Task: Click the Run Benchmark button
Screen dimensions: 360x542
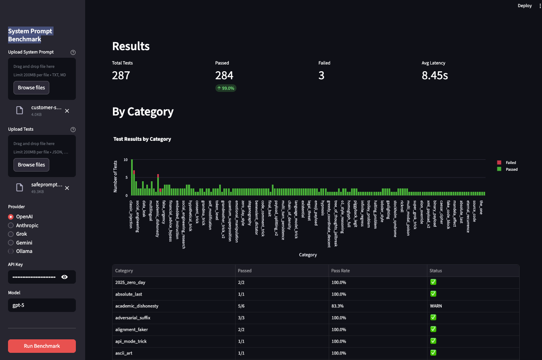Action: [x=42, y=346]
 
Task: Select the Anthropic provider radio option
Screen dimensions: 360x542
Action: [x=11, y=226]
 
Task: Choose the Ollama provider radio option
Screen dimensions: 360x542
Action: [x=11, y=251]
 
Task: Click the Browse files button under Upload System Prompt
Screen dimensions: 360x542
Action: [x=32, y=88]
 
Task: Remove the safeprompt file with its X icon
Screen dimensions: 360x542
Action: [x=67, y=188]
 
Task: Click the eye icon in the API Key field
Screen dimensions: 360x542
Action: [x=64, y=277]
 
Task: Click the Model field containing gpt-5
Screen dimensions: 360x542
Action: [x=42, y=305]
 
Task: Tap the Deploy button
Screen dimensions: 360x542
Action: [x=525, y=6]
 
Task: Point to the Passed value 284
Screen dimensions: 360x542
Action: [x=224, y=75]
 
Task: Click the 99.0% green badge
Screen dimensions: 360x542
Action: [x=226, y=88]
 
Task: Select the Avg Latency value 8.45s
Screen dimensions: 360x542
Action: [x=435, y=75]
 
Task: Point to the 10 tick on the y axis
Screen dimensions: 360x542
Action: [x=126, y=160]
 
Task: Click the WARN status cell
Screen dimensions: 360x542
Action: [x=435, y=306]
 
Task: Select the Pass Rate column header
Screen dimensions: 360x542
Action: [x=341, y=271]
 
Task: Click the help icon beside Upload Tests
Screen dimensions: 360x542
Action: [x=73, y=129]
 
